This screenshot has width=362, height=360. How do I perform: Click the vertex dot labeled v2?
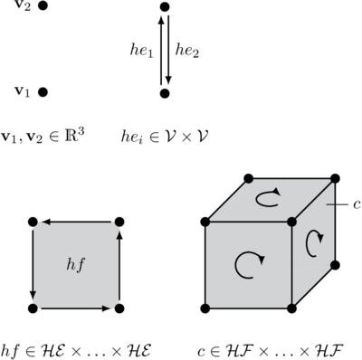point(43,6)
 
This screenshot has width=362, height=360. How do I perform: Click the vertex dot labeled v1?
point(43,91)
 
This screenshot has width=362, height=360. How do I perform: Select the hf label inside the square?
point(75,264)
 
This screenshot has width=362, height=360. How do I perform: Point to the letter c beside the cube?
point(357,205)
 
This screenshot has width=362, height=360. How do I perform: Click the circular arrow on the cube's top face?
point(268,198)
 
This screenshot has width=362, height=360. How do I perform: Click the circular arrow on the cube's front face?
point(250,263)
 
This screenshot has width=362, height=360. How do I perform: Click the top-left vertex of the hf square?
point(33,222)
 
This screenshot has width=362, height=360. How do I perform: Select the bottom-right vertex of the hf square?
point(119,308)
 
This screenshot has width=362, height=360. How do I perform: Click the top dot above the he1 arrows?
point(164,7)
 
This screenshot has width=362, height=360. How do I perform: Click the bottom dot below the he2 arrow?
point(164,91)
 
